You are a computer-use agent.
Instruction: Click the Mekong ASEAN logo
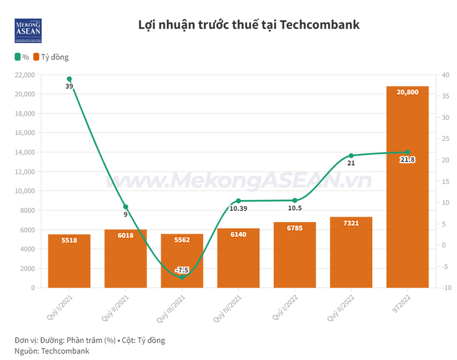[x=28, y=30]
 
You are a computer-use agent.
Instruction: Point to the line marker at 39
[x=69, y=79]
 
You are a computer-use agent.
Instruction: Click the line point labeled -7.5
[x=182, y=277]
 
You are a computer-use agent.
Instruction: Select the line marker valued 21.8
[x=407, y=152]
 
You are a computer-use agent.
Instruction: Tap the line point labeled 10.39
[x=238, y=201]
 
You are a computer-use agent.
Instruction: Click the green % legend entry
[x=22, y=57]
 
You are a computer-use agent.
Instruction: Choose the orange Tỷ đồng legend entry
[x=51, y=57]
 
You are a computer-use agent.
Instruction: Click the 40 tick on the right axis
[x=438, y=75]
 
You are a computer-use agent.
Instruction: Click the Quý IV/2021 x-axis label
[x=229, y=307]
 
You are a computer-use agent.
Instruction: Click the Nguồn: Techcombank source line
[x=52, y=350]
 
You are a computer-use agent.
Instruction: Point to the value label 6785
[x=295, y=227]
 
